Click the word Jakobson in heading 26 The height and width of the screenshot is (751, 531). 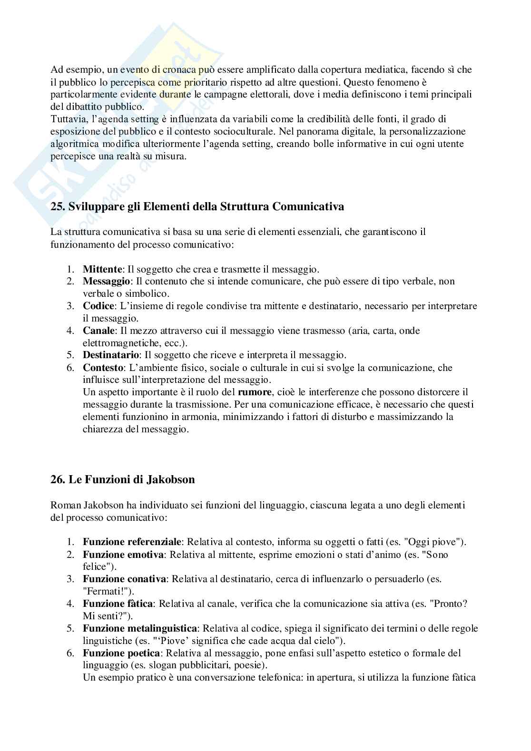click(x=171, y=479)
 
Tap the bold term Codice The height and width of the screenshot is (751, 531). click(x=98, y=306)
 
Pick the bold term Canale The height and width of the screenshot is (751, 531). click(x=98, y=331)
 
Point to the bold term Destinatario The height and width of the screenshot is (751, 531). click(x=111, y=355)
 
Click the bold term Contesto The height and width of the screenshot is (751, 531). click(x=101, y=368)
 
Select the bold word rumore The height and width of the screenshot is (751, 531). click(x=255, y=392)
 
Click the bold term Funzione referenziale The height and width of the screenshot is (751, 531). click(x=132, y=542)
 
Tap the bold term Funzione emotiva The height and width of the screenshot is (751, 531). click(x=123, y=555)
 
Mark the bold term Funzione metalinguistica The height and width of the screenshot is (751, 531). click(x=140, y=629)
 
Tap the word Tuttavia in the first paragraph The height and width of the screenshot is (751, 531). click(x=68, y=119)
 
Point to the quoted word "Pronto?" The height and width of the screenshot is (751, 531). click(x=449, y=604)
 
